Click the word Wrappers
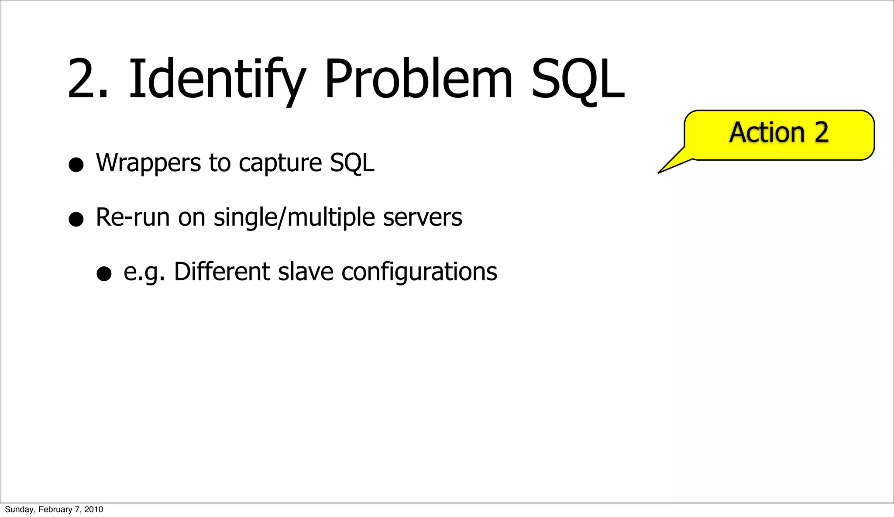148,163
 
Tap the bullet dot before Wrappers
76,165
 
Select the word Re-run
132,217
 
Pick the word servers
422,217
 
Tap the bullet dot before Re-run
76,219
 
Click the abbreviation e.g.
144,272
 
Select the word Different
222,272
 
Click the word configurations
419,272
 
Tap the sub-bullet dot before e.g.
104,274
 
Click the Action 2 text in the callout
779,132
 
